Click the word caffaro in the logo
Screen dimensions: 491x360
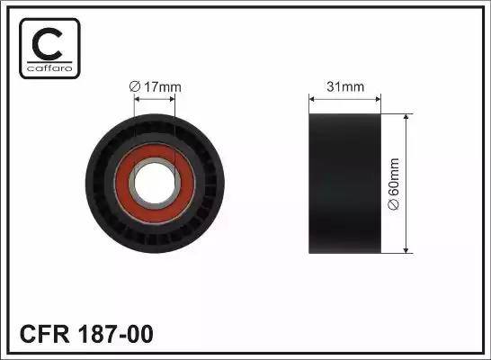(x=49, y=68)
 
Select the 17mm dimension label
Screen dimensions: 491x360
(x=162, y=87)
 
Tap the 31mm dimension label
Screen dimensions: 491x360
(x=345, y=86)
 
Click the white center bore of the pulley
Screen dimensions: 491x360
(x=155, y=184)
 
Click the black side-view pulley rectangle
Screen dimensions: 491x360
(x=344, y=184)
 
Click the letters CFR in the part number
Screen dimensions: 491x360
(x=44, y=334)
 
